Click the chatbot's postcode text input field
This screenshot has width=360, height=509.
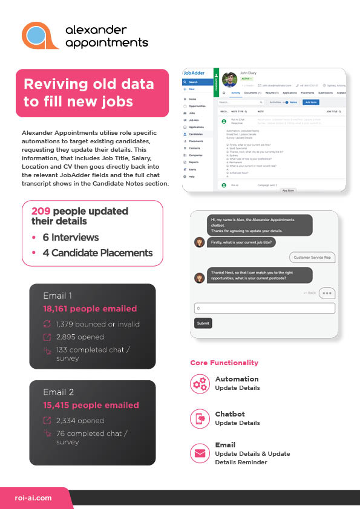264,308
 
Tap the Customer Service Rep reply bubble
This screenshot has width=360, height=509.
312,258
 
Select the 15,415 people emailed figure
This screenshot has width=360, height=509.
91,405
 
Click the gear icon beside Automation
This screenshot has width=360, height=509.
199,383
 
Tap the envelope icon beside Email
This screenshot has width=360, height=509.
199,453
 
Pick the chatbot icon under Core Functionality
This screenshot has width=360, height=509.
199,418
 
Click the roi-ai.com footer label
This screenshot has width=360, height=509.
33,498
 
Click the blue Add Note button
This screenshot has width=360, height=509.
311,103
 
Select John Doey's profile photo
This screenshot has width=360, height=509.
229,80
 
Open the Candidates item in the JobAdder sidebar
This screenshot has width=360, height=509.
196,134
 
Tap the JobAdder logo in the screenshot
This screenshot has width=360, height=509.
195,73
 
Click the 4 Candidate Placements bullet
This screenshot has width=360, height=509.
97,253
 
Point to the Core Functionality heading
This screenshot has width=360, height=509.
224,363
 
